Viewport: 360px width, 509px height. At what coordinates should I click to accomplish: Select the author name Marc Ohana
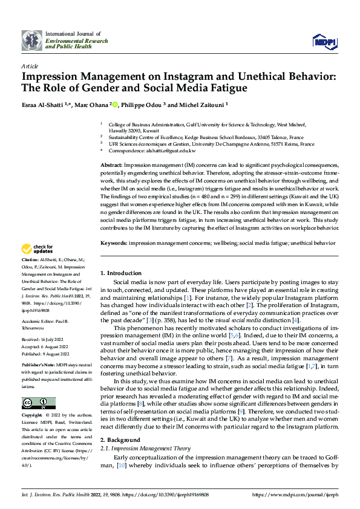point(90,105)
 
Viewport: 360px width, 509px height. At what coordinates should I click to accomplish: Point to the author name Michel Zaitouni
point(201,105)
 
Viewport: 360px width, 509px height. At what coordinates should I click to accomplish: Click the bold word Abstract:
point(113,165)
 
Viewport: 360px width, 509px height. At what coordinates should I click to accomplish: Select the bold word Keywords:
point(117,243)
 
